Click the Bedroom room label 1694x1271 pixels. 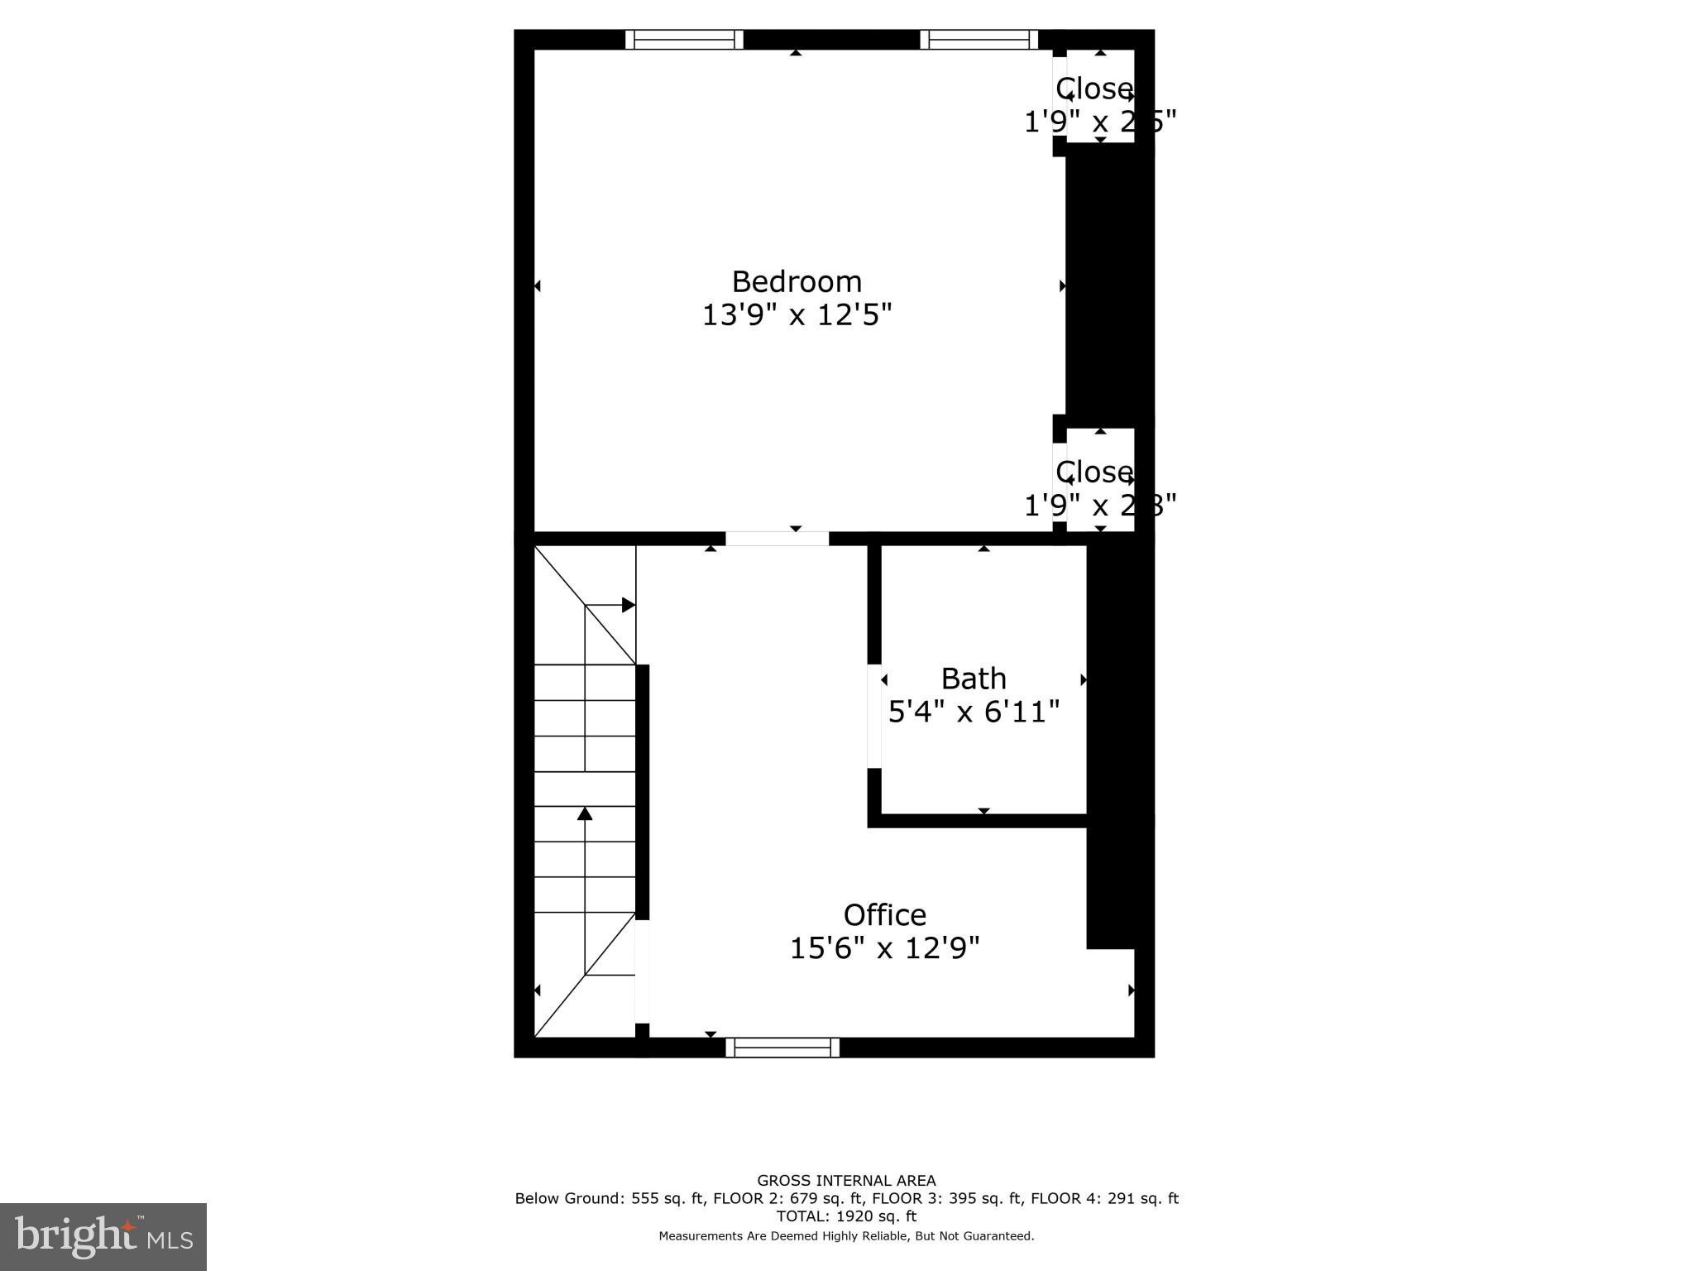pos(797,282)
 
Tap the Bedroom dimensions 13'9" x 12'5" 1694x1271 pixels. pos(797,315)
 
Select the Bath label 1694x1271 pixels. pos(974,679)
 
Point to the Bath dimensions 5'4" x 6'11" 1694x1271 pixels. pos(974,712)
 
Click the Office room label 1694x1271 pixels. pos(884,914)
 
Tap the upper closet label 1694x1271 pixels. pos(1094,89)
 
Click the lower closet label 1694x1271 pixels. pos(1094,472)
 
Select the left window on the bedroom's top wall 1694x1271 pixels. pos(684,39)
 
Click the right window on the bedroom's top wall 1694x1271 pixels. pos(979,39)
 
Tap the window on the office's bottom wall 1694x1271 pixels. pos(782,1048)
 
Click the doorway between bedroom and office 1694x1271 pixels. pos(777,539)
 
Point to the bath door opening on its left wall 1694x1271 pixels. pos(873,716)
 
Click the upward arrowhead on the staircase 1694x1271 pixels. pos(585,813)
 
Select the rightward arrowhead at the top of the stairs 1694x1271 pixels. pos(629,605)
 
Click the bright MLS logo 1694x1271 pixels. pos(103,1236)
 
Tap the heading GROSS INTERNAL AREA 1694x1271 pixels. pos(846,1181)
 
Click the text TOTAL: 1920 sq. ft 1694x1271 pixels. pos(846,1216)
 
